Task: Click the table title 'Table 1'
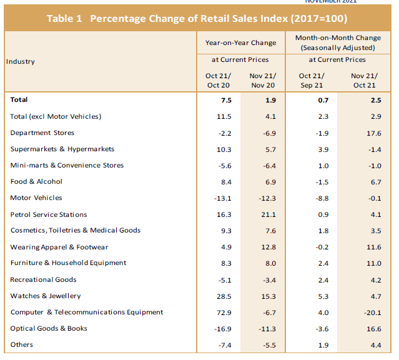[65, 18]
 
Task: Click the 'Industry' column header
[21, 61]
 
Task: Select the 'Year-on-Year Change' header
[240, 42]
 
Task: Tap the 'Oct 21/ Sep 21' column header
[310, 81]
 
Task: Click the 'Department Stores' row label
[42, 132]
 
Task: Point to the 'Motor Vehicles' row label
[36, 197]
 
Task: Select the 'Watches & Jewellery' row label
[46, 296]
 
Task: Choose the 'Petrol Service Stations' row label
[49, 214]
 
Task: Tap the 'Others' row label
[22, 344]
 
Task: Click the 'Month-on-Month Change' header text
[337, 38]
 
